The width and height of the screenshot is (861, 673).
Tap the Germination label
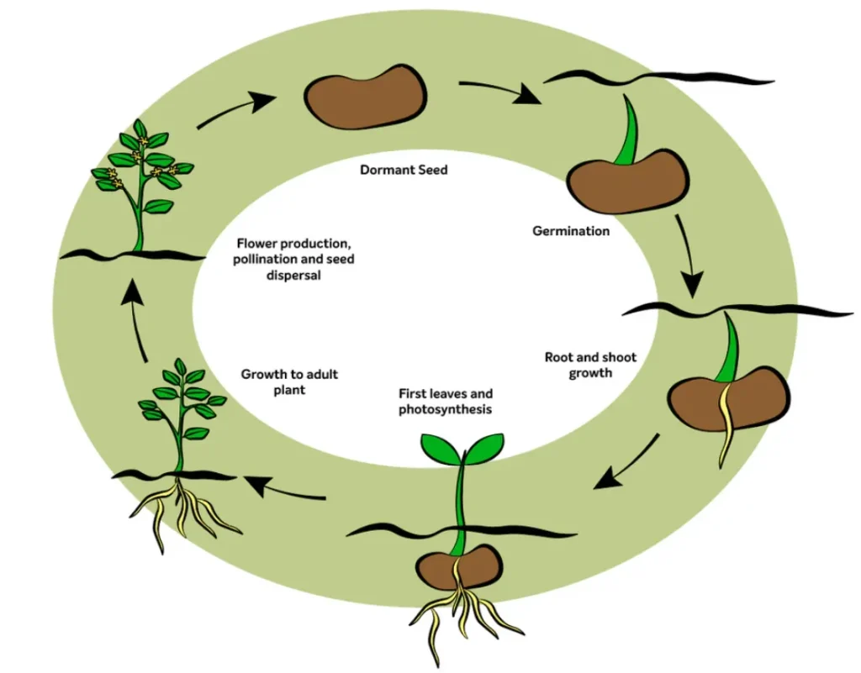pos(571,230)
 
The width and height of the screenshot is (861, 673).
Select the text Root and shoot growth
pos(590,365)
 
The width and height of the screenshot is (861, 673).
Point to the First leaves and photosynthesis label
pos(446,401)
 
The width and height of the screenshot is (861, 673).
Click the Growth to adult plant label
pos(289,381)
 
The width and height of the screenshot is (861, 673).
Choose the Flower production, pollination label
pos(293,259)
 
